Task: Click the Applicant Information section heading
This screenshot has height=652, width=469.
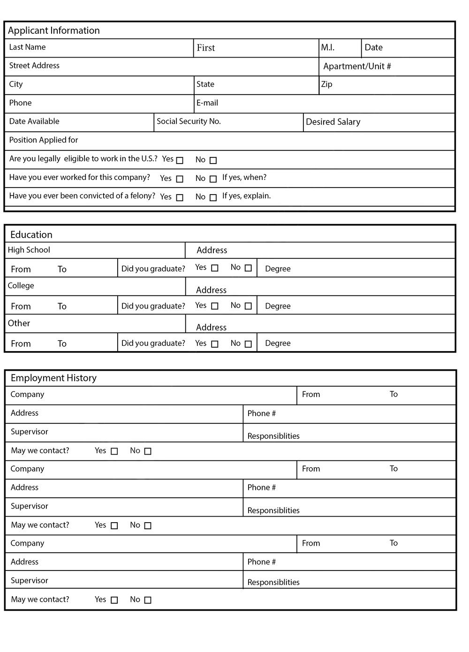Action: pyautogui.click(x=54, y=30)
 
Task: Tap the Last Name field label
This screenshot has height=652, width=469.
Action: pyautogui.click(x=27, y=47)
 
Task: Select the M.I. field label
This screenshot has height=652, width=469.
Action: pyautogui.click(x=327, y=47)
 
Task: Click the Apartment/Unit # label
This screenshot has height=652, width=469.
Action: pyautogui.click(x=357, y=66)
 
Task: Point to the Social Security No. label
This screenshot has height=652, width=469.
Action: pyautogui.click(x=189, y=121)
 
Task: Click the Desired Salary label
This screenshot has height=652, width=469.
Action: pyautogui.click(x=333, y=122)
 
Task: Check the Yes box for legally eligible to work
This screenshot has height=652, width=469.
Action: pyautogui.click(x=180, y=160)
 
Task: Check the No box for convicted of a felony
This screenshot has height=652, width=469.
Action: pyautogui.click(x=213, y=198)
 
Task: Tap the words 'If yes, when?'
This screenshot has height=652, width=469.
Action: pyautogui.click(x=244, y=177)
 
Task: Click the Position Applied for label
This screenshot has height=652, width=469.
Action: pyautogui.click(x=44, y=140)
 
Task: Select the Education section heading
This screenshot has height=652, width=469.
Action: pyautogui.click(x=31, y=235)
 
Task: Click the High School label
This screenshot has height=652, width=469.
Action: pyautogui.click(x=29, y=250)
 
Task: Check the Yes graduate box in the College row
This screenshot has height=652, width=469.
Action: pyautogui.click(x=215, y=306)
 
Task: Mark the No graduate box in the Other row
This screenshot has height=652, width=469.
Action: pyautogui.click(x=248, y=344)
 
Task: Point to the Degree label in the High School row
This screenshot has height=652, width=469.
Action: pyautogui.click(x=278, y=269)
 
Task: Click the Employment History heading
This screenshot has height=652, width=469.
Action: pyautogui.click(x=53, y=378)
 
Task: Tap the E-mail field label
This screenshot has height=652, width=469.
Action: pyautogui.click(x=207, y=103)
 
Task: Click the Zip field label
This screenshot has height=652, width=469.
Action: pyautogui.click(x=327, y=84)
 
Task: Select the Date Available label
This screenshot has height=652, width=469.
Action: pyautogui.click(x=34, y=121)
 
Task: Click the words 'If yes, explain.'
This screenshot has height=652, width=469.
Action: pyautogui.click(x=246, y=196)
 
